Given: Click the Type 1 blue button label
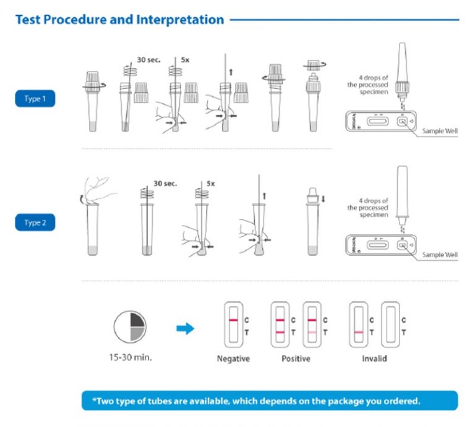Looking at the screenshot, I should pyautogui.click(x=35, y=99).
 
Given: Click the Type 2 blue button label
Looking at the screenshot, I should pyautogui.click(x=35, y=222).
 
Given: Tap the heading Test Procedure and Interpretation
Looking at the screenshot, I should pyautogui.click(x=119, y=20).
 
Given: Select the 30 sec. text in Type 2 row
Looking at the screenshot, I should pyautogui.click(x=165, y=184).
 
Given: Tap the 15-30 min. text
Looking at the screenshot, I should pyautogui.click(x=130, y=357).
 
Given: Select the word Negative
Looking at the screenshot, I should pyautogui.click(x=233, y=359).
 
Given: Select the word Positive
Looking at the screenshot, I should pyautogui.click(x=296, y=359).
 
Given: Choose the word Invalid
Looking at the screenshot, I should pyautogui.click(x=374, y=359).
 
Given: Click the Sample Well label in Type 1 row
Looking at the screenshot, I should pyautogui.click(x=440, y=131).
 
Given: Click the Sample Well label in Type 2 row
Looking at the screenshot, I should pyautogui.click(x=440, y=255).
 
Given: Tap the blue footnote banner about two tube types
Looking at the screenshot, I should pyautogui.click(x=270, y=400).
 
